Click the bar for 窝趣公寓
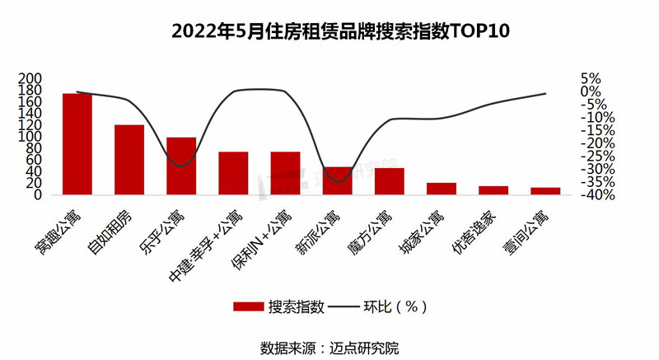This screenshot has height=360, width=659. pyautogui.click(x=77, y=144)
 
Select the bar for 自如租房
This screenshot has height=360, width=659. pyautogui.click(x=129, y=160)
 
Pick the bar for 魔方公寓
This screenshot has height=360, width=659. pyautogui.click(x=390, y=181)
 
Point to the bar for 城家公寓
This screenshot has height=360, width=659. pyautogui.click(x=442, y=189)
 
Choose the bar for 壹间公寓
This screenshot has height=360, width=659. pyautogui.click(x=545, y=191)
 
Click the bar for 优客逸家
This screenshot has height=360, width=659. pyautogui.click(x=493, y=190)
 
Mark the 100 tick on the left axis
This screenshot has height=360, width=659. pyautogui.click(x=30, y=137)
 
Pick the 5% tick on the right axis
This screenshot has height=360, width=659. pyautogui.click(x=591, y=78)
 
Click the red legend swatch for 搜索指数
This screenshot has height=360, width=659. pyautogui.click(x=247, y=306)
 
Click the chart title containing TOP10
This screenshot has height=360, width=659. pyautogui.click(x=329, y=32)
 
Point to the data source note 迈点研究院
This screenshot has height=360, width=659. pyautogui.click(x=329, y=347)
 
